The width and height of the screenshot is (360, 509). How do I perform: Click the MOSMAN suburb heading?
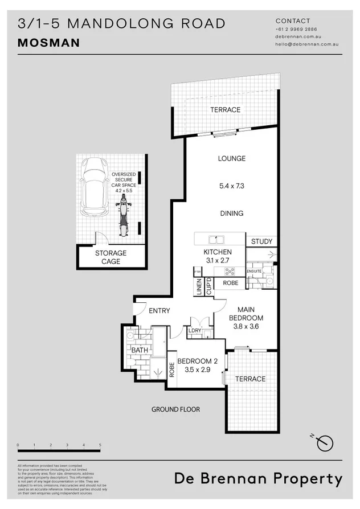tap(49, 43)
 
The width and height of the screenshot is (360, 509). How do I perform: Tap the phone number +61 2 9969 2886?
tap(296, 29)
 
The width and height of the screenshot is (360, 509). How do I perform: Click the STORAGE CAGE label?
tap(111, 257)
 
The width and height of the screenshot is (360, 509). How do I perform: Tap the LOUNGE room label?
tap(231, 158)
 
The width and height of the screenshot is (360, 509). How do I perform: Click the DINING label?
tap(231, 214)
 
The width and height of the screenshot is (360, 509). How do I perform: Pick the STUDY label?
tap(262, 241)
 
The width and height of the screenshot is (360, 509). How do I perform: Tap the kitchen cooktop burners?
tap(230, 271)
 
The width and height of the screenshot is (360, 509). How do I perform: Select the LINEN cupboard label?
tap(199, 288)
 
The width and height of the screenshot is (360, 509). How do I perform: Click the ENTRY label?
tap(159, 311)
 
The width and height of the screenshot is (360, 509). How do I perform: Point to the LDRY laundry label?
tap(195, 330)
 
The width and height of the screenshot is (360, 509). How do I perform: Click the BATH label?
tap(140, 350)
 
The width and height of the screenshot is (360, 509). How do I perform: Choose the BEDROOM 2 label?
tap(197, 361)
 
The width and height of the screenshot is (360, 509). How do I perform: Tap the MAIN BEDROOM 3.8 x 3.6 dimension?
tap(246, 327)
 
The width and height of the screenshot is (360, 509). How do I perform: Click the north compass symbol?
tap(326, 442)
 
